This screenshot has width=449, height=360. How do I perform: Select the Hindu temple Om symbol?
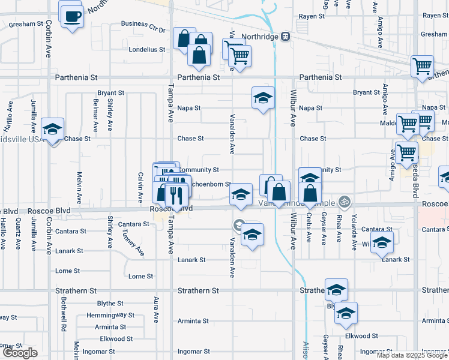(x=343, y=200)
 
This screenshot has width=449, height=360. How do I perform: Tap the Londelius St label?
(x=146, y=50)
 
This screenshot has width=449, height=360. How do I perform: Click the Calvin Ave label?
(x=140, y=187)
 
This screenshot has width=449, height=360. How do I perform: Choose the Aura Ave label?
(x=156, y=308)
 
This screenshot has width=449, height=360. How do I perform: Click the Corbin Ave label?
(x=48, y=42)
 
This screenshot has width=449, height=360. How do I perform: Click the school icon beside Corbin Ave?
(x=52, y=129)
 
